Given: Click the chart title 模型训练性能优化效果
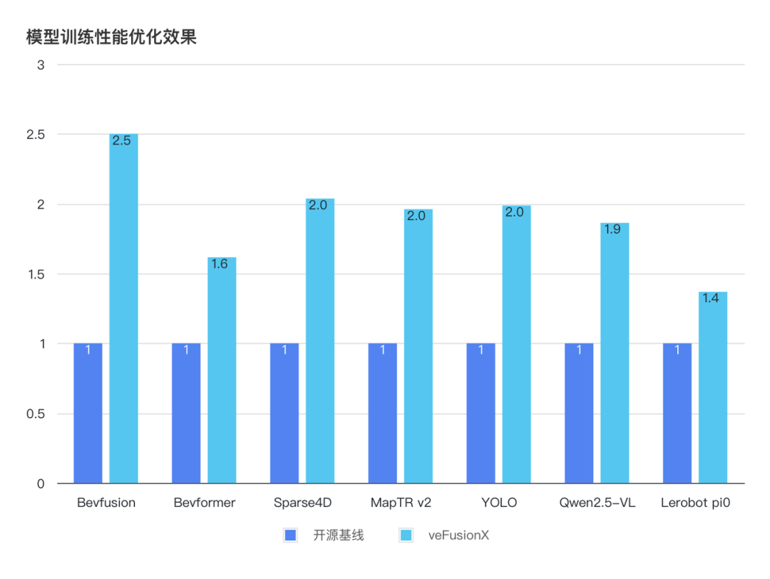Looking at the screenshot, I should point(111,37).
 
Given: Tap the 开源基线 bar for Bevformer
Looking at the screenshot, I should point(186,413).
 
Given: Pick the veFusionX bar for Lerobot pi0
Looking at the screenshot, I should point(713,388).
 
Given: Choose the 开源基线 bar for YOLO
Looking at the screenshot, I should point(481,413).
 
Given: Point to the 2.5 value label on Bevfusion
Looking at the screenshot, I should point(121,141).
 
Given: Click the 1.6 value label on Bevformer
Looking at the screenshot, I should point(220,264).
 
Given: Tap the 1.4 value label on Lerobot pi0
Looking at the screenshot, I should point(710,299).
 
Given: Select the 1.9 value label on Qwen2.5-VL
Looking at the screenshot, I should point(612,230).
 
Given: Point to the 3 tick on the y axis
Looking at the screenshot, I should point(41,65).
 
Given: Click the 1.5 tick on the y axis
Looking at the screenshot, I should point(36,274).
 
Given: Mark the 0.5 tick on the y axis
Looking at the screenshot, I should point(36,414).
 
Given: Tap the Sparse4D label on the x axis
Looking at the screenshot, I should point(302,503).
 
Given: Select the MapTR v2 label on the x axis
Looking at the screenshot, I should point(401,503).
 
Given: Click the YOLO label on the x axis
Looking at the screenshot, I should point(499,503).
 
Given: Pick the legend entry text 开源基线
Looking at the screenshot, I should point(338,536).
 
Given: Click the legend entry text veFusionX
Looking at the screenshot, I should point(458,536).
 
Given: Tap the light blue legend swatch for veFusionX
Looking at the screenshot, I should point(406,536).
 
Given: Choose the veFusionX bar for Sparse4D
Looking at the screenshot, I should point(320,342).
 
